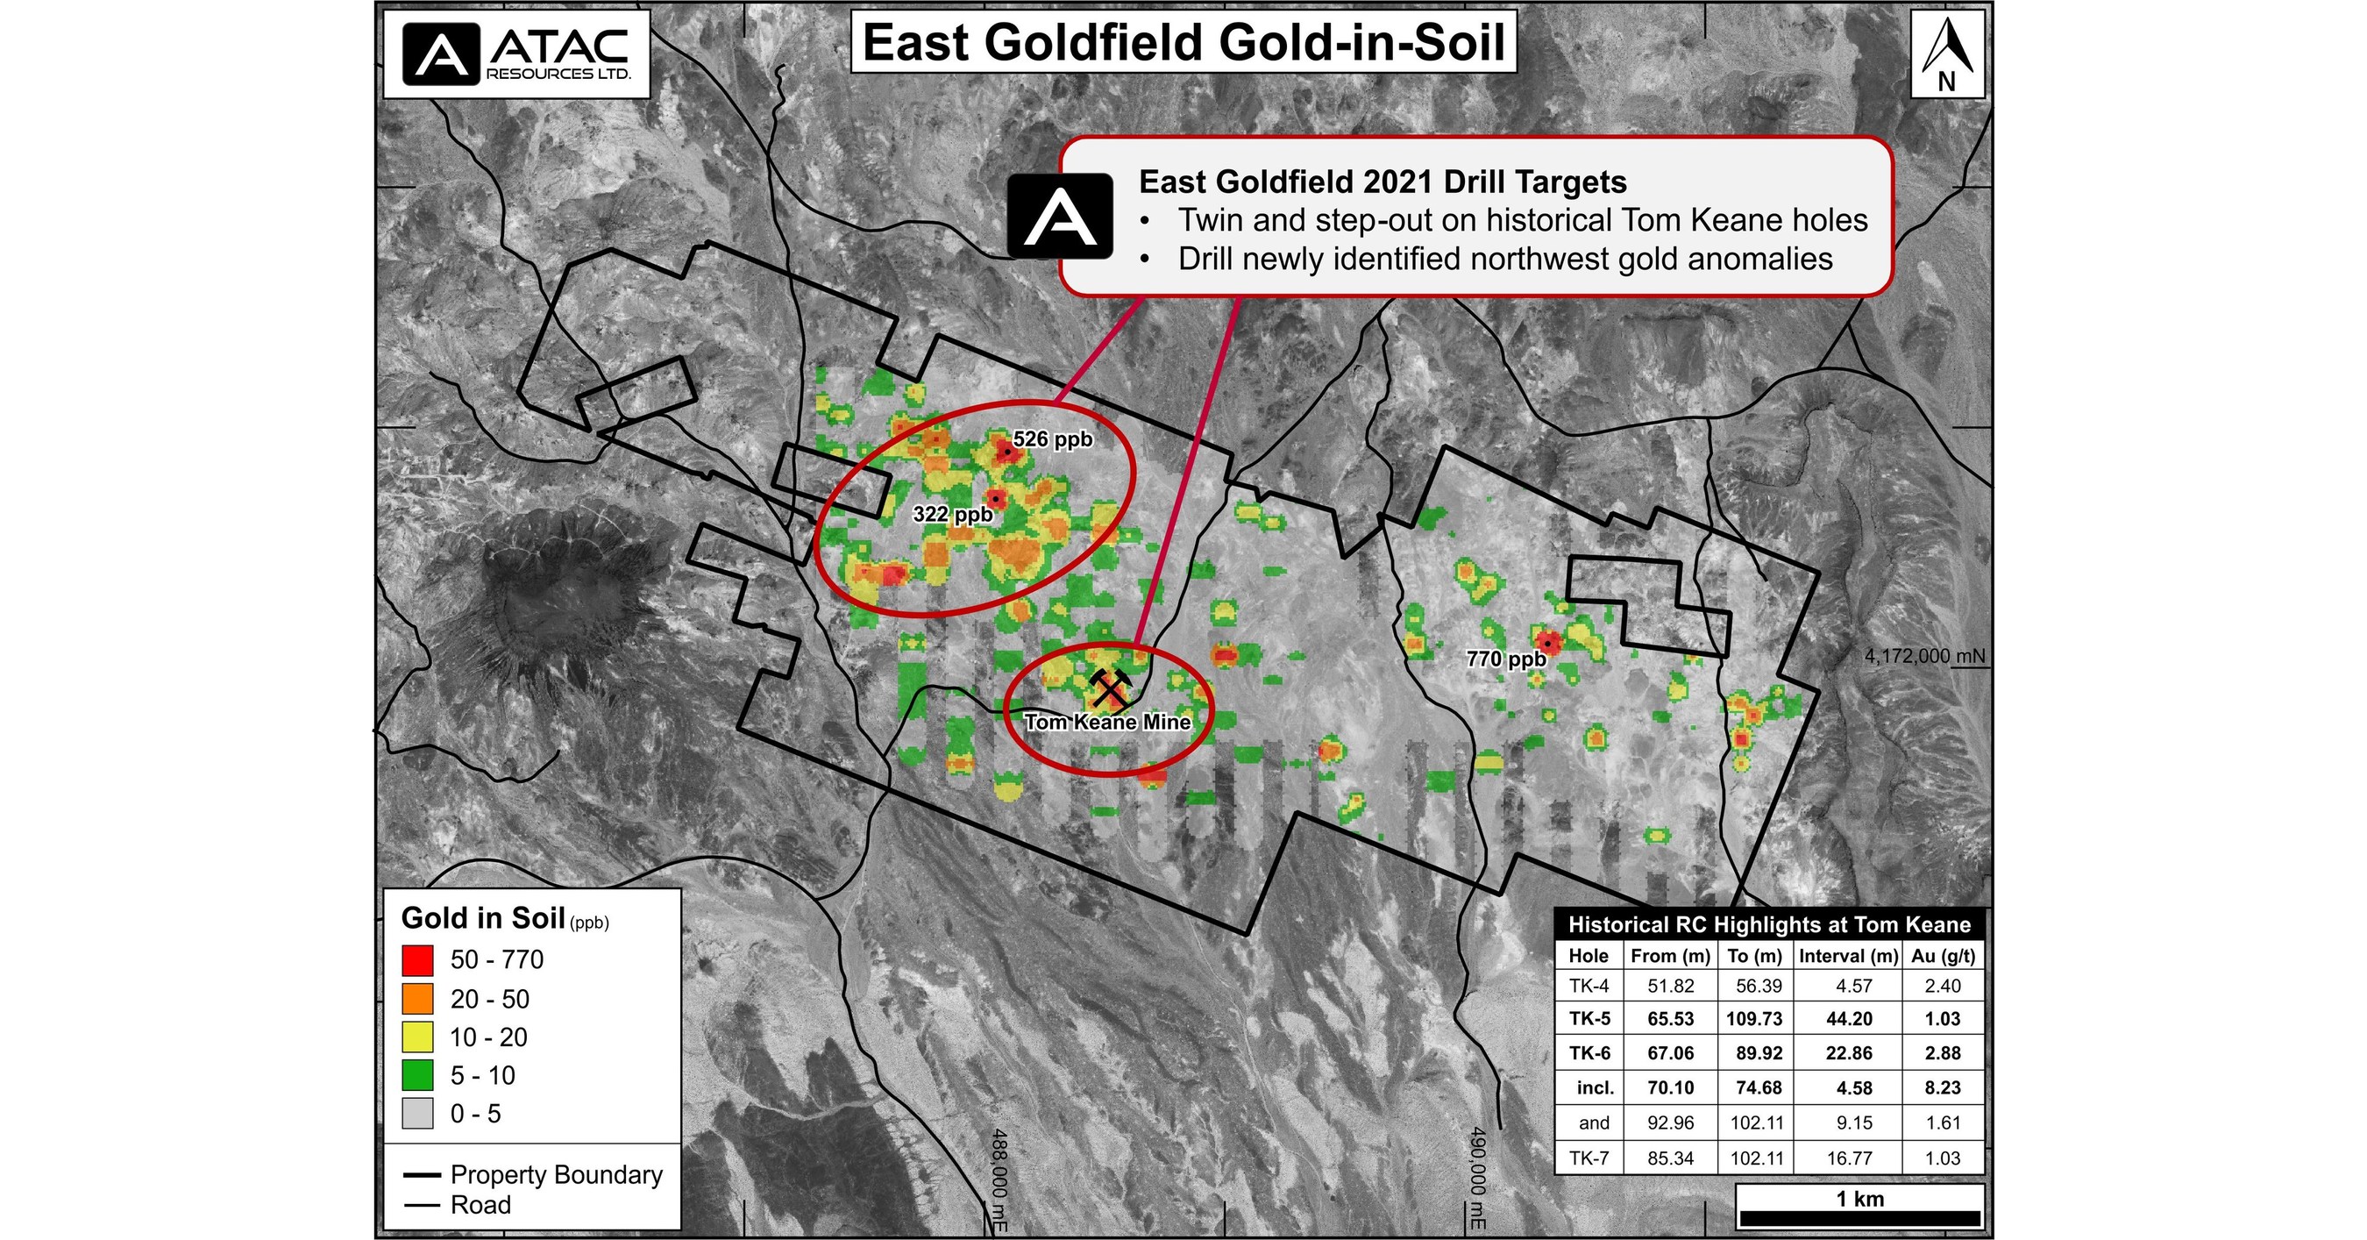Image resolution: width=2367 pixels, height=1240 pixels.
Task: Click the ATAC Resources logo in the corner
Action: [x=516, y=53]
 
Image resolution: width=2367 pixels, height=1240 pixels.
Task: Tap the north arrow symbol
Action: [x=1946, y=53]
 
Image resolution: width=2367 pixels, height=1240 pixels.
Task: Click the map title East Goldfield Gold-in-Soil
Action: [x=1183, y=43]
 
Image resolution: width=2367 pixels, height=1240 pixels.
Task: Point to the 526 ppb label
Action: [x=1053, y=439]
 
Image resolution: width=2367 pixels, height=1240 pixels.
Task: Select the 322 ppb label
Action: [x=953, y=515]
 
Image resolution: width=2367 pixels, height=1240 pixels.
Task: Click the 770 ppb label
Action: [x=1506, y=659]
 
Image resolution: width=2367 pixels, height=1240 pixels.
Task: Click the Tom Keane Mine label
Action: [x=1107, y=723]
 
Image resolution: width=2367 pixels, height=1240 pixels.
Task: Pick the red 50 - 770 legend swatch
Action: [x=417, y=960]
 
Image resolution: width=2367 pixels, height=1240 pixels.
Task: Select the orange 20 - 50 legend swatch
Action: [x=417, y=999]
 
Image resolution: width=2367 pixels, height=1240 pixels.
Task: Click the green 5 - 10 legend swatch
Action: [x=417, y=1075]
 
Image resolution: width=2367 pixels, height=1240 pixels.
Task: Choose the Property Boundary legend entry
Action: [x=533, y=1175]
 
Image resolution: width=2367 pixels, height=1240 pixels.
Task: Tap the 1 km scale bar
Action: [x=1859, y=1217]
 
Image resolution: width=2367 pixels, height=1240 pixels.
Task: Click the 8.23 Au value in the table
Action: [x=1943, y=1087]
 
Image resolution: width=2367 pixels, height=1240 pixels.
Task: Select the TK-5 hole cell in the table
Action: [x=1589, y=1018]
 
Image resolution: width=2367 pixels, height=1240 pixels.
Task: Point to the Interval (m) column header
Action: [x=1848, y=956]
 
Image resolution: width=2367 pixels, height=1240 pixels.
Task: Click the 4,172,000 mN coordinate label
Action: [x=1924, y=656]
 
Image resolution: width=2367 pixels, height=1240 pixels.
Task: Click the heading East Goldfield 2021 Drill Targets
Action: [x=1382, y=182]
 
